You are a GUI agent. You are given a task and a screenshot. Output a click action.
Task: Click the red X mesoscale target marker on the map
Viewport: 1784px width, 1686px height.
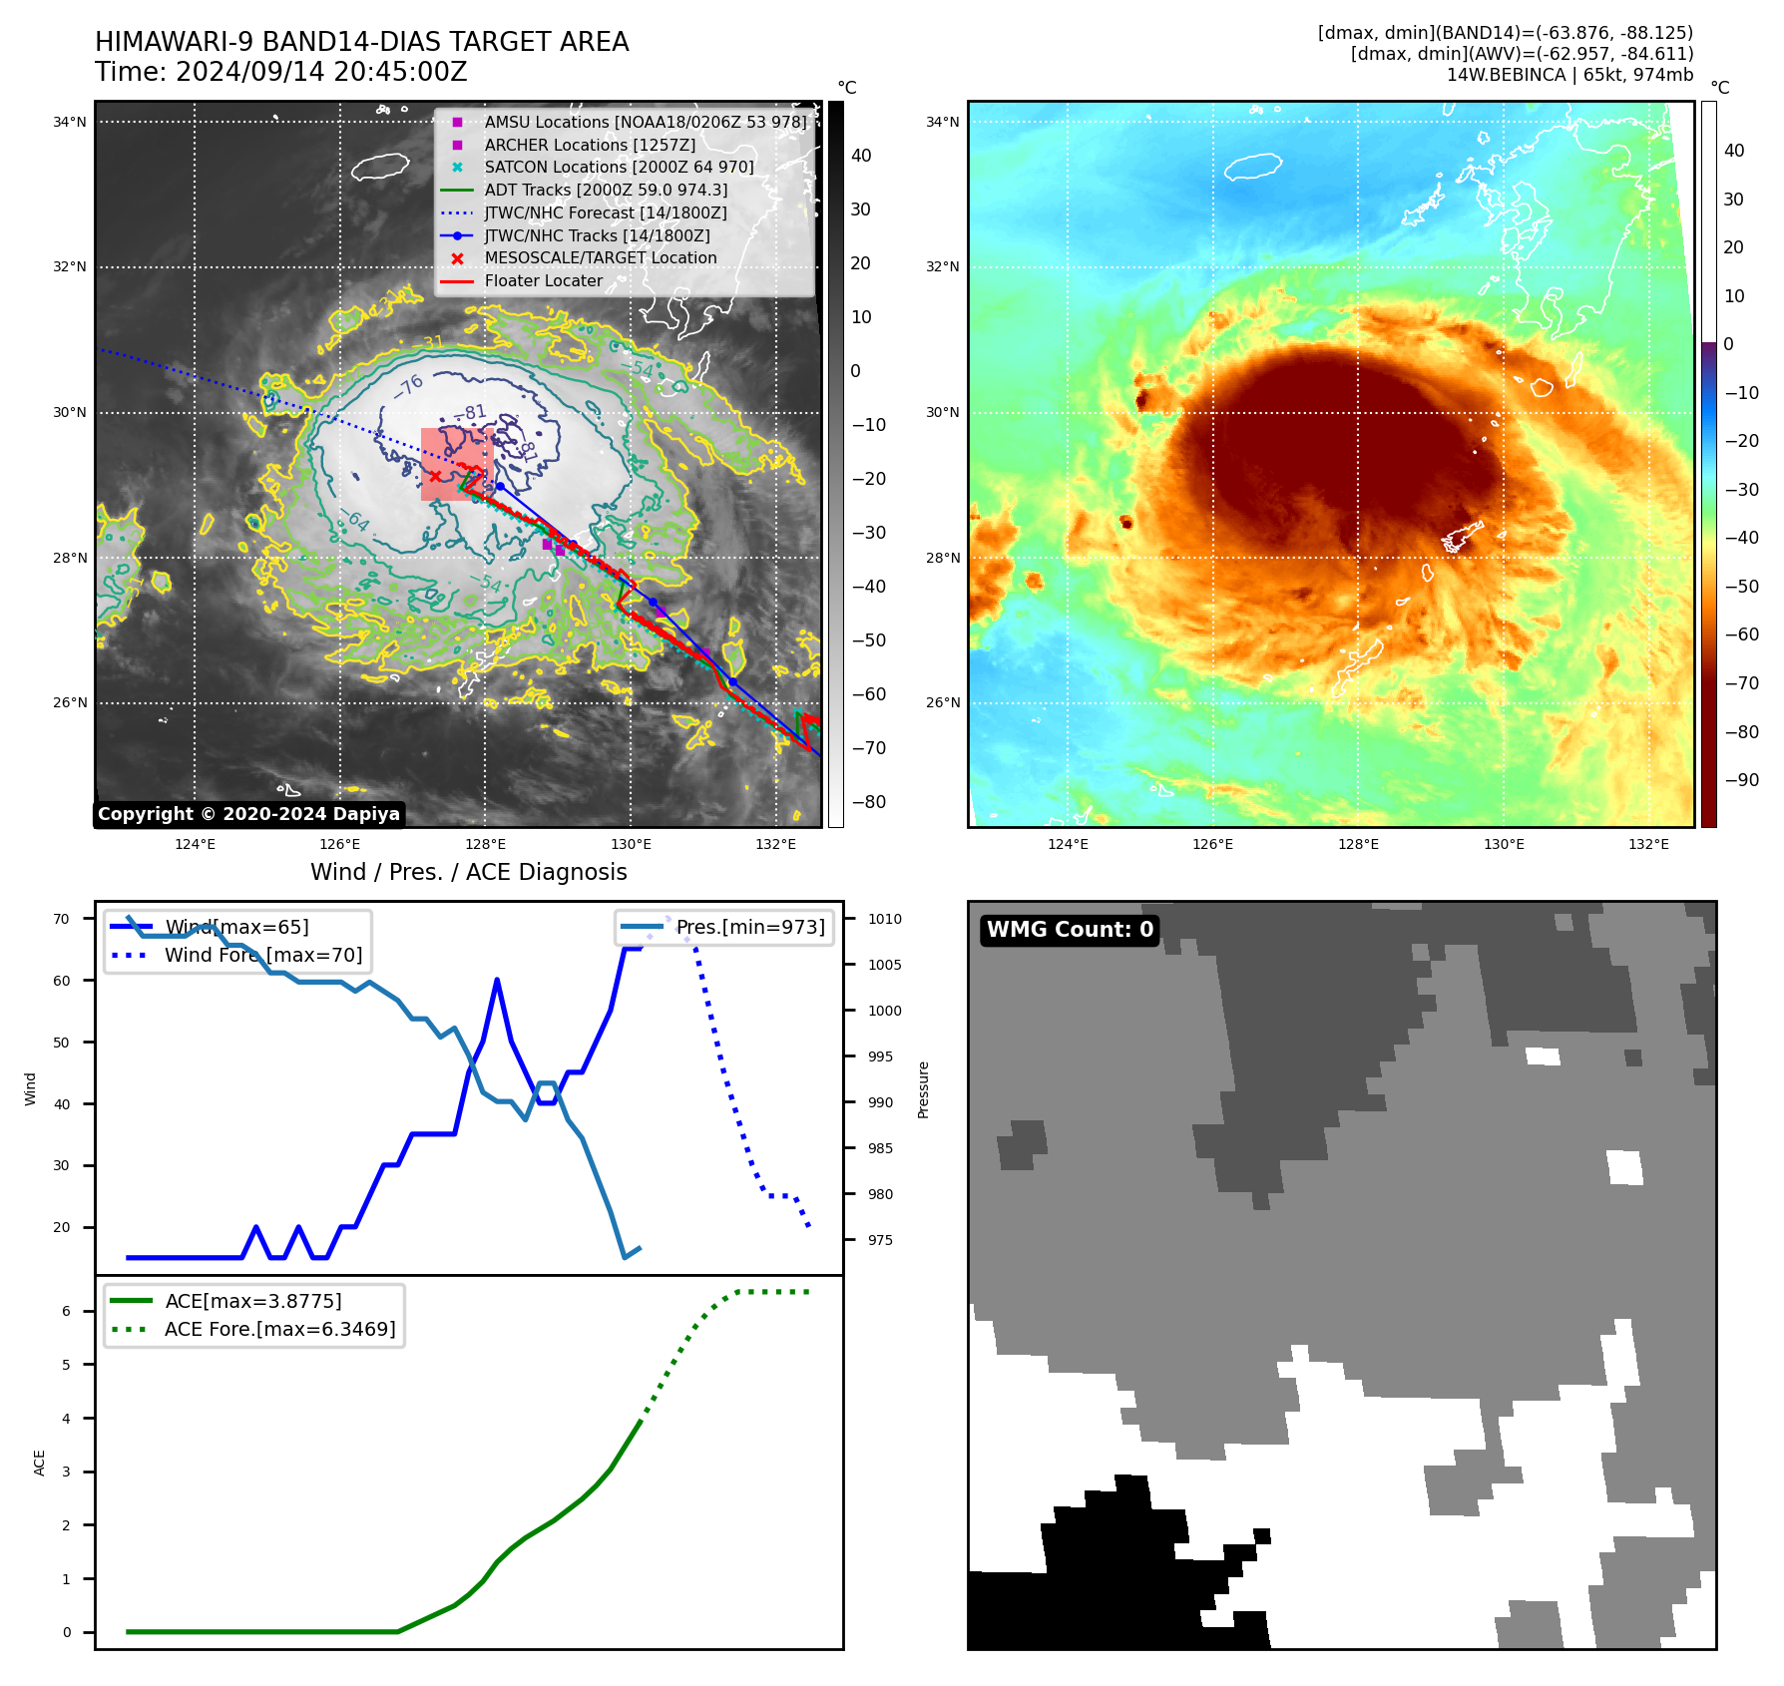pos(435,476)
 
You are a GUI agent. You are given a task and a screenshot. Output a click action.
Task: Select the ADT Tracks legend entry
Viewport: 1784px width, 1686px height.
pos(606,190)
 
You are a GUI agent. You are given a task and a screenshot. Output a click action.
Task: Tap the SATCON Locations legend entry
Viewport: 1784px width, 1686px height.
pos(619,167)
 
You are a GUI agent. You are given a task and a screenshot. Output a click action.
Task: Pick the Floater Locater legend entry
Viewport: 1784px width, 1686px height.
pos(543,280)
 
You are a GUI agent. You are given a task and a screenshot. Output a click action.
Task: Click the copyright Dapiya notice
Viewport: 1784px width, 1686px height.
pos(248,814)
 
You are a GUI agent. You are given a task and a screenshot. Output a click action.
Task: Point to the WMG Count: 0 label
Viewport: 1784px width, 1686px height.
pos(1070,930)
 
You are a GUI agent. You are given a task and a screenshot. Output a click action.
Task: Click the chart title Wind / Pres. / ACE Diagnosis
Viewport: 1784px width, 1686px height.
pos(468,872)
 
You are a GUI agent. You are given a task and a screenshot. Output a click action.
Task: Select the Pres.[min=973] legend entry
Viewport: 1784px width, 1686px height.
pos(750,927)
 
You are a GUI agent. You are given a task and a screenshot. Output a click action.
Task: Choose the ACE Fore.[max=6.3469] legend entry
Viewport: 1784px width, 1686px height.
pos(279,1329)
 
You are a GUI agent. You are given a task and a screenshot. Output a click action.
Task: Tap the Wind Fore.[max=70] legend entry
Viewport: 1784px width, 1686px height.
pos(263,955)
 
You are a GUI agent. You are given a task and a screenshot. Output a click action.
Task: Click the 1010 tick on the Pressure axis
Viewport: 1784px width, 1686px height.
pos(884,919)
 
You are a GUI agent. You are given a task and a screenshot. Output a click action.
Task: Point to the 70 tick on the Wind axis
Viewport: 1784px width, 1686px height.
pos(62,919)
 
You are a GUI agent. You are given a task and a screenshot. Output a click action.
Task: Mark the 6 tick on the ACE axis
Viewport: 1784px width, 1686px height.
pos(66,1311)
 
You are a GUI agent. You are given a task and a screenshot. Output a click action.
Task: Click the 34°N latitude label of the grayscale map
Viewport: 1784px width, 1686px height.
pos(70,122)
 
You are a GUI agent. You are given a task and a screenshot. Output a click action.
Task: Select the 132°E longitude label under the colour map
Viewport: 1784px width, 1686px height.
pos(1648,844)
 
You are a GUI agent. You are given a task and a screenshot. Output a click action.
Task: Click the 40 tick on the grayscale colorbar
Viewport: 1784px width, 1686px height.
pos(861,156)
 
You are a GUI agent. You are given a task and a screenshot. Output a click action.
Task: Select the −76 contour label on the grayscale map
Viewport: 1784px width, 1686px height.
pos(409,386)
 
